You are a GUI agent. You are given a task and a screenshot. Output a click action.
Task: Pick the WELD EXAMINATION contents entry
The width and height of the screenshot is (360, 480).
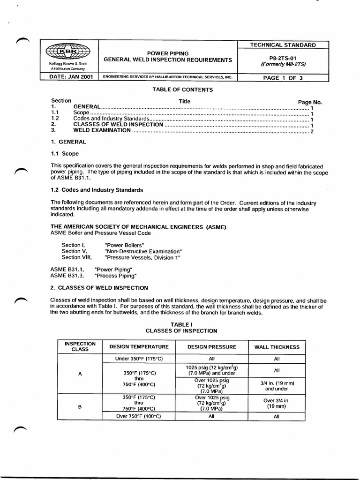tap(102, 131)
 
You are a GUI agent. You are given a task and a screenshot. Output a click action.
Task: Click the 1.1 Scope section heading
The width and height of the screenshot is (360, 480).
tap(65, 153)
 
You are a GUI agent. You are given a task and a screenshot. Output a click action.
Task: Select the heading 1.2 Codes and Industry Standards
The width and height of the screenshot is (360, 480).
tap(97, 190)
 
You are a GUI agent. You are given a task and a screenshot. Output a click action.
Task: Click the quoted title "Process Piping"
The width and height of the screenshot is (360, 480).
tap(115, 276)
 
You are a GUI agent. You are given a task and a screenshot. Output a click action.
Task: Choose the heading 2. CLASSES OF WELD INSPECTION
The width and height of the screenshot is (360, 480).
tap(99, 287)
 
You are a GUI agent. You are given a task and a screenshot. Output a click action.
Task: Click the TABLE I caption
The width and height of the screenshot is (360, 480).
tap(181, 324)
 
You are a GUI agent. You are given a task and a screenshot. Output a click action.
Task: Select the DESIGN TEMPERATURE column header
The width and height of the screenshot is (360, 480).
tap(138, 347)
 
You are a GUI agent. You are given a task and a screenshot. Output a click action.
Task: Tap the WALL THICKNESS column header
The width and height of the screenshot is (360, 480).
tap(277, 347)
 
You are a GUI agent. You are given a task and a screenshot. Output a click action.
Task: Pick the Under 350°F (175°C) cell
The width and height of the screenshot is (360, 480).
tap(138, 359)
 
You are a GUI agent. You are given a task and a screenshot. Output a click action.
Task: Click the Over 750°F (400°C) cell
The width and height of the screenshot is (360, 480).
tap(138, 416)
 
